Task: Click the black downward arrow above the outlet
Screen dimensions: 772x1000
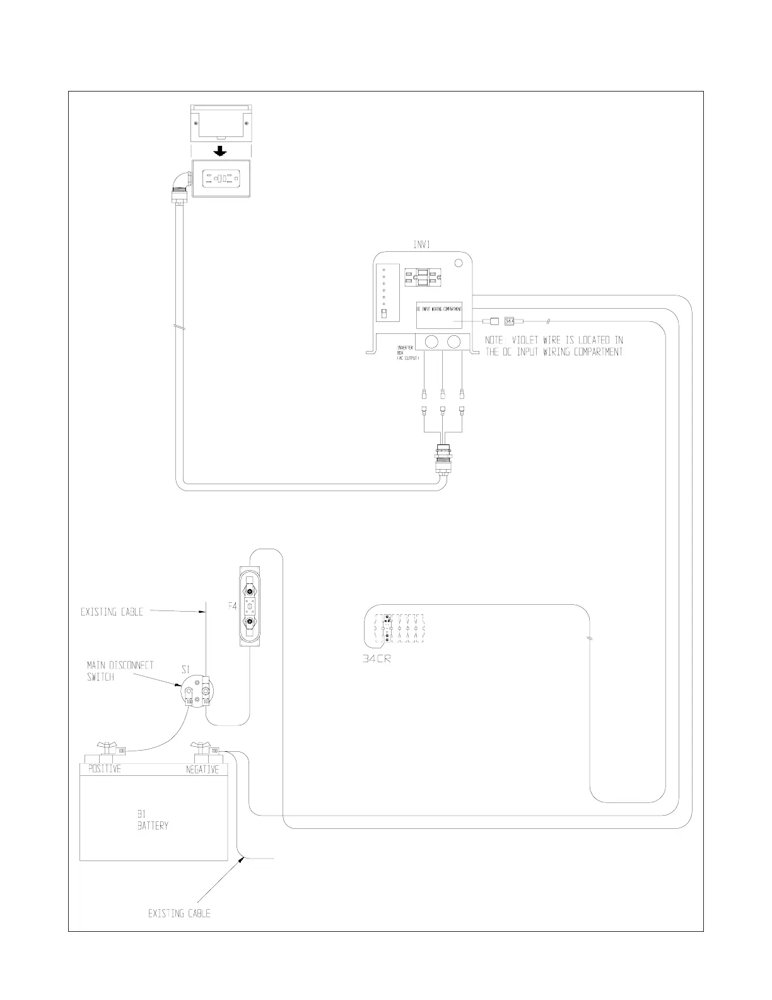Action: (x=219, y=152)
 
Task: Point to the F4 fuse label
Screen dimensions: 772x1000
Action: (x=232, y=606)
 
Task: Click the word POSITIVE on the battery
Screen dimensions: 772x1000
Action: (x=104, y=769)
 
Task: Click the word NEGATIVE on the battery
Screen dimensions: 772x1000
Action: (x=202, y=770)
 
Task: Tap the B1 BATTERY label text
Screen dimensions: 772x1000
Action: (x=153, y=820)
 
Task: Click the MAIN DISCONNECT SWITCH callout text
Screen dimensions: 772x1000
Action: (x=120, y=671)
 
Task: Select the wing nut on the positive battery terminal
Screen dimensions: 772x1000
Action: (x=105, y=748)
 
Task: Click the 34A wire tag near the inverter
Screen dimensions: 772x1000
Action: (x=510, y=321)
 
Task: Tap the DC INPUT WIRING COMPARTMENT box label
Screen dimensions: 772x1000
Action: (x=439, y=309)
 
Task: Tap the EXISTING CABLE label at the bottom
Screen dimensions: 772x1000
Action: (x=179, y=914)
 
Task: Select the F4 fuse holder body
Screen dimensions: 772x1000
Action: (x=250, y=605)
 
